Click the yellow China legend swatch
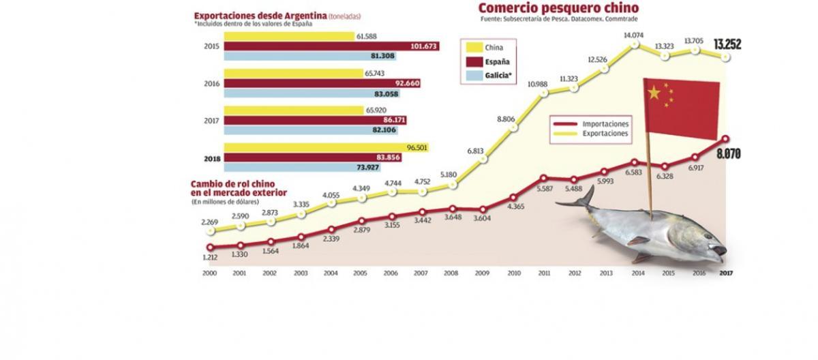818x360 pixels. [472, 48]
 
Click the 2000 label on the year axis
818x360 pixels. [210, 273]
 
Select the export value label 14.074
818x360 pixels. [634, 35]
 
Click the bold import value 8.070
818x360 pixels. [727, 155]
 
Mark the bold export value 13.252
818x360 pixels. [727, 45]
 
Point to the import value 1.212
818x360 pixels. [210, 258]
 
